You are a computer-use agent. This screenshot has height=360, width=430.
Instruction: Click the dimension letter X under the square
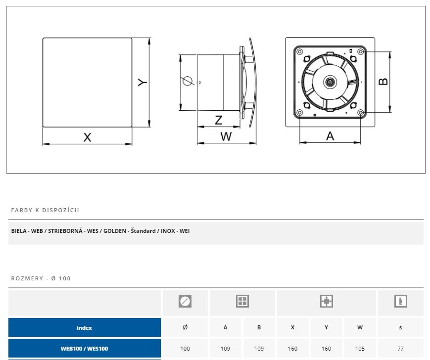click(x=87, y=137)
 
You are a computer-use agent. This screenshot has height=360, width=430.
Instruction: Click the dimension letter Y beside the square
click(x=143, y=82)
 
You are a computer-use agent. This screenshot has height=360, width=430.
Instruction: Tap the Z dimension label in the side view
click(x=219, y=120)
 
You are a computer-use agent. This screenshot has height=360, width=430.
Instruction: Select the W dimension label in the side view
click(x=226, y=136)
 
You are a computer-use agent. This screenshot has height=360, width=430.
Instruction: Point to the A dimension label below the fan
click(x=330, y=136)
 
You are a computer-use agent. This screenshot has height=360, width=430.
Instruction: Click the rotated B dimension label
click(x=383, y=82)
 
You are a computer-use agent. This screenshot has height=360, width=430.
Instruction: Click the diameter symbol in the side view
click(x=188, y=81)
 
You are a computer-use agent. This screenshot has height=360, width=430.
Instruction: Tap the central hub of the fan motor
click(x=330, y=82)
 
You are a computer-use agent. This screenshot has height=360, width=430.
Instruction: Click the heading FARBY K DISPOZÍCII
click(x=45, y=210)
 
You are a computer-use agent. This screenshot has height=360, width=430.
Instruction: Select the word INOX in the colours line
click(x=168, y=231)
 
